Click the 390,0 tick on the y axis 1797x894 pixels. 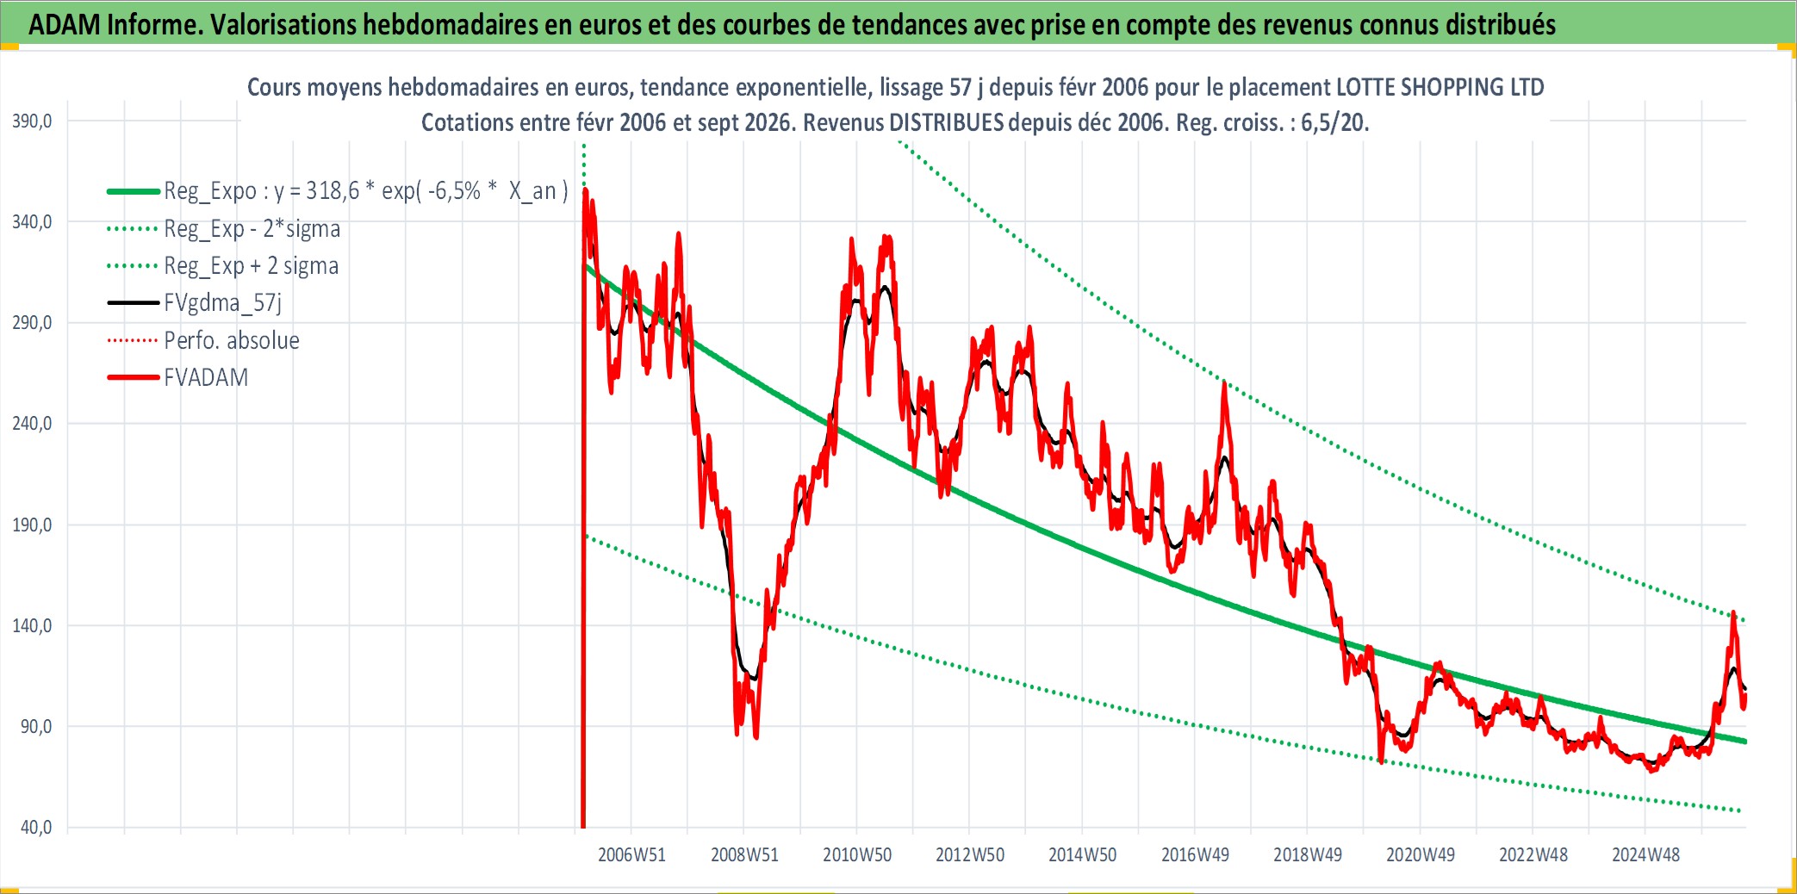pyautogui.click(x=32, y=121)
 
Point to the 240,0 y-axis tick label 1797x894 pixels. pyautogui.click(x=32, y=424)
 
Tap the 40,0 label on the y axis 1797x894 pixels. pyautogui.click(x=36, y=828)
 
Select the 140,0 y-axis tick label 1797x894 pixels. pyautogui.click(x=32, y=626)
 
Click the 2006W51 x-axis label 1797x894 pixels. pyautogui.click(x=631, y=855)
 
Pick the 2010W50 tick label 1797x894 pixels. pyautogui.click(x=857, y=855)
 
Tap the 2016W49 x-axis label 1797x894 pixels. pyautogui.click(x=1195, y=855)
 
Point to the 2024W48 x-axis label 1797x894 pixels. pyautogui.click(x=1645, y=855)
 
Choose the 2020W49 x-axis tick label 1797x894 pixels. pyautogui.click(x=1421, y=855)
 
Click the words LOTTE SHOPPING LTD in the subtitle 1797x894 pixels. pyautogui.click(x=1439, y=87)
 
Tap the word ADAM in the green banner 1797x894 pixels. pyautogui.click(x=65, y=25)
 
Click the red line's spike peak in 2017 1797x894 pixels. pyautogui.click(x=1224, y=382)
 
